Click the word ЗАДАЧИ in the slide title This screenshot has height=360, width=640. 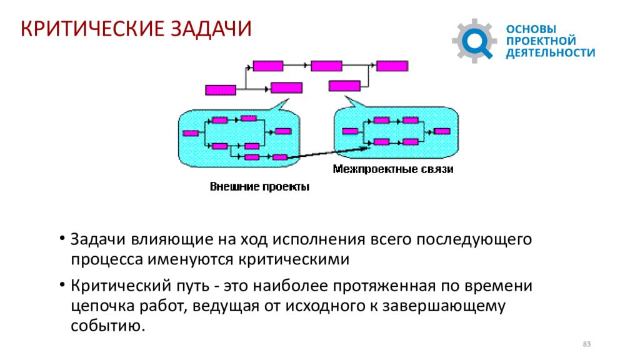click(x=211, y=29)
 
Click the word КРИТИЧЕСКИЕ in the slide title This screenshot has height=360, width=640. click(x=92, y=29)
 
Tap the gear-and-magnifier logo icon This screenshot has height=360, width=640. click(x=474, y=41)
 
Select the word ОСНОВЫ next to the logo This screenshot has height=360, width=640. click(x=531, y=29)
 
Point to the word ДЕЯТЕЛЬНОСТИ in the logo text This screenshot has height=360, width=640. click(x=551, y=52)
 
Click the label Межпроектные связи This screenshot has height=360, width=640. click(x=393, y=169)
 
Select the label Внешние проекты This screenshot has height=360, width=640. click(x=259, y=186)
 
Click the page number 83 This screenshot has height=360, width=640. click(x=586, y=344)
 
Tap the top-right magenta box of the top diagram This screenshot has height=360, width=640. click(x=392, y=66)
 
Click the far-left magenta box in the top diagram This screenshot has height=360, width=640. click(x=221, y=90)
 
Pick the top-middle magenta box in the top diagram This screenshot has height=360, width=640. click(x=326, y=66)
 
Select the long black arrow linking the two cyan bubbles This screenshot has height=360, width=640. click(x=329, y=152)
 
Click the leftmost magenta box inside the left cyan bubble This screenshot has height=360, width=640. click(x=191, y=133)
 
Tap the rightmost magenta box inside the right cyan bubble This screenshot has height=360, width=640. click(x=442, y=131)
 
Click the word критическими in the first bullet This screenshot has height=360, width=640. click(x=294, y=259)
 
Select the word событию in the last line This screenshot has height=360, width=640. click(x=108, y=326)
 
